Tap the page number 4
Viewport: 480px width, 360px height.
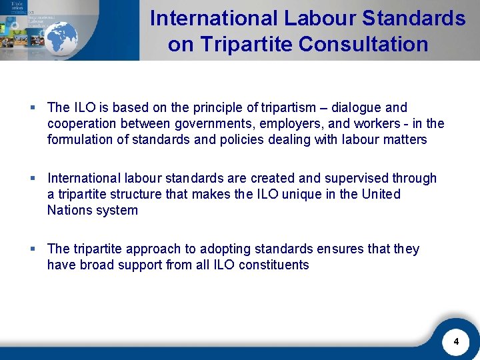click(x=456, y=342)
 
